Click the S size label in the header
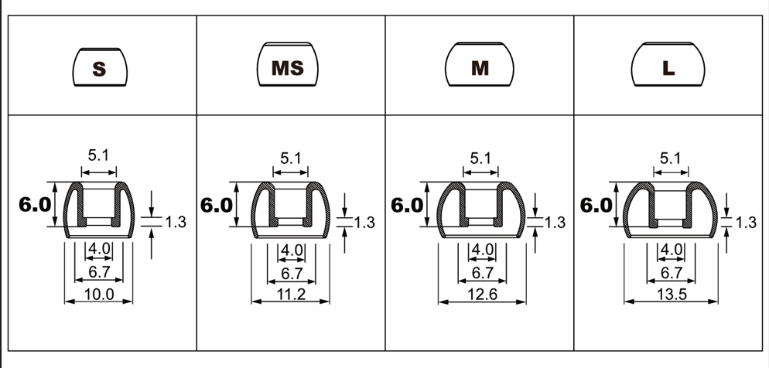[99, 69]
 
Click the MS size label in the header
[288, 68]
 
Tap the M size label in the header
[480, 68]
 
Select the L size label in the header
[668, 68]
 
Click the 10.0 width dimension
[100, 294]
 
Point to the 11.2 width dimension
[292, 294]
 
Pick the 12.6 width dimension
[483, 294]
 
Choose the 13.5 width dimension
[672, 294]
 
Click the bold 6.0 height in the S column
[34, 204]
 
